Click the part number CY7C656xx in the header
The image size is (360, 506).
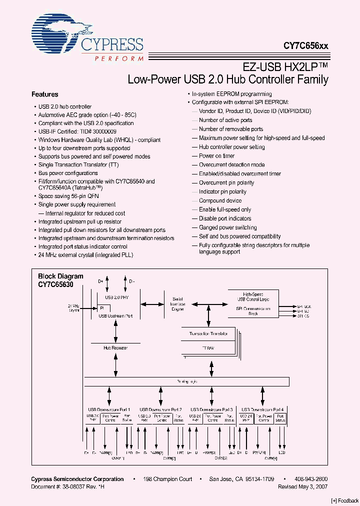(x=306, y=45)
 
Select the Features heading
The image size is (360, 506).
(x=44, y=94)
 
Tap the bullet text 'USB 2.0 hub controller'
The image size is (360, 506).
(x=65, y=106)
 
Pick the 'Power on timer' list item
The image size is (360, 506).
(x=216, y=156)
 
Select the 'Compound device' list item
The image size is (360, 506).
(x=220, y=200)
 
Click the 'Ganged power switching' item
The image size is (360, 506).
(x=227, y=227)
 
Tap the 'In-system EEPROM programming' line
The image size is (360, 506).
(x=231, y=94)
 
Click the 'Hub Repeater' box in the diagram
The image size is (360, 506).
(x=115, y=347)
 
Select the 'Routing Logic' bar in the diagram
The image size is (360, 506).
(x=186, y=381)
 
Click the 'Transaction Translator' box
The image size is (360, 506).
(x=208, y=333)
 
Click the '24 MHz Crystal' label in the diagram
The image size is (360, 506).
(x=74, y=307)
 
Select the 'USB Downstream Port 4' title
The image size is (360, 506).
(x=262, y=409)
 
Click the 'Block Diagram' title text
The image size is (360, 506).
(x=60, y=276)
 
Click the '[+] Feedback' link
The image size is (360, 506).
(x=344, y=500)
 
